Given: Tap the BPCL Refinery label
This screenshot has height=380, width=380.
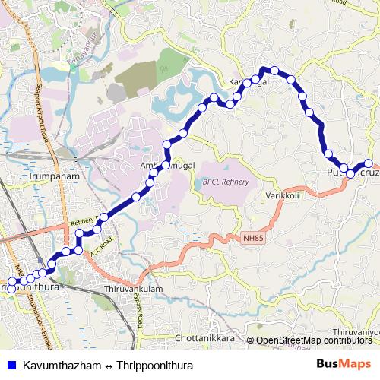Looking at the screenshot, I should pyautogui.click(x=226, y=182).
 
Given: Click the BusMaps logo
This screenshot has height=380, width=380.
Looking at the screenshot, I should pyautogui.click(x=344, y=366).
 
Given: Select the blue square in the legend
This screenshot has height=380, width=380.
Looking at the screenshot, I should pyautogui.click(x=11, y=366).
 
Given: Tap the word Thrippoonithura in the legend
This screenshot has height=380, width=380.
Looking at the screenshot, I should pyautogui.click(x=155, y=366).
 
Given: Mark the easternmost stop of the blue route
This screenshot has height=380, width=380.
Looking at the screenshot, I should pyautogui.click(x=369, y=163).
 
